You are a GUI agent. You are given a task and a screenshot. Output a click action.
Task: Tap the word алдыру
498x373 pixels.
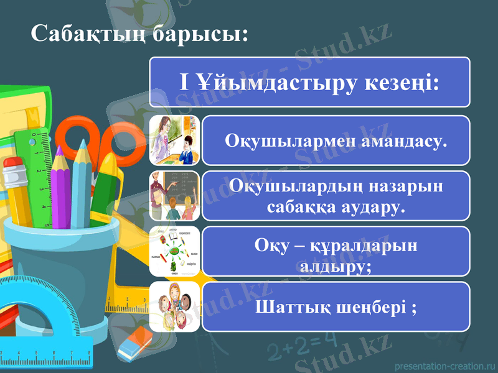point(336,265)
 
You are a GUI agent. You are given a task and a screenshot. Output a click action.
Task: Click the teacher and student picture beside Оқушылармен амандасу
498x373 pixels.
point(174,140)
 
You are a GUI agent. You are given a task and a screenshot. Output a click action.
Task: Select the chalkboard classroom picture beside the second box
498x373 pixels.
point(174,195)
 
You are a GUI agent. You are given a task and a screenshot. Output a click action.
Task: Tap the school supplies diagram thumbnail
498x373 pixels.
point(174,251)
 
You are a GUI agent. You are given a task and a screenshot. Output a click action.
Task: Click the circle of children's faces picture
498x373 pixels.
point(174,306)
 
